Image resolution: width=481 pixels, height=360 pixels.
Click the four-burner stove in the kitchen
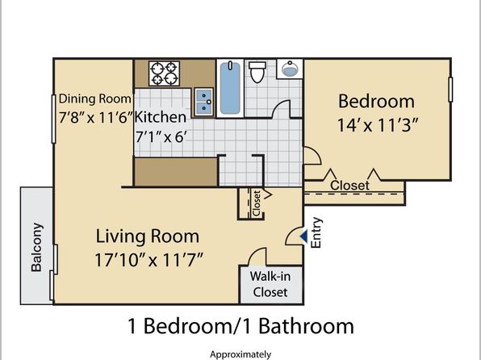(164, 73)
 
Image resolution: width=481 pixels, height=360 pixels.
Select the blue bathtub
(230, 88)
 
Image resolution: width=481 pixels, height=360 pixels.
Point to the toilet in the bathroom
(257, 72)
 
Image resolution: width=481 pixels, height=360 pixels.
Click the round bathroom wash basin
(289, 69)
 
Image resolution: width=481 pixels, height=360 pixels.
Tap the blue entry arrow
(304, 237)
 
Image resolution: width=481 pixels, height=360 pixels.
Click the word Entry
(316, 232)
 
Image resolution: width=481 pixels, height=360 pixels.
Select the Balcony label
(37, 247)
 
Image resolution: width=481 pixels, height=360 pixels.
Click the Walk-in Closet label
(270, 284)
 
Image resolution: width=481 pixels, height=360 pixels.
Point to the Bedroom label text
(376, 101)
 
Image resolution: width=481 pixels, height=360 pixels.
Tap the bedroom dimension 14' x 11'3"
(378, 125)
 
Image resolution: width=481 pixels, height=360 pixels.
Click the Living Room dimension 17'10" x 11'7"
(148, 260)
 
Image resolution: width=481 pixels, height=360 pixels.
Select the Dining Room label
(94, 98)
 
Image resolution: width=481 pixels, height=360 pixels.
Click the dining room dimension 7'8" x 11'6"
(96, 118)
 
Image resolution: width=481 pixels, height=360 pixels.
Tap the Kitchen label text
(161, 117)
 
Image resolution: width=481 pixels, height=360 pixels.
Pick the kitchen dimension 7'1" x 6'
(161, 137)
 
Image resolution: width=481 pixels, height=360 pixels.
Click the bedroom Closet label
(349, 186)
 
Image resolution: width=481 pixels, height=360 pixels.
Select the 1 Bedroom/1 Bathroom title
(240, 326)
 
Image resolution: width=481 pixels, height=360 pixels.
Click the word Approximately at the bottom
(240, 355)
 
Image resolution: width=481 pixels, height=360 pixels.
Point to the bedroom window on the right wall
(450, 90)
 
